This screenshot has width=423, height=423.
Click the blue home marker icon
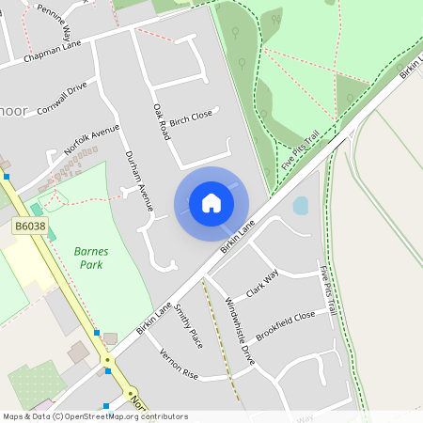[x=211, y=203]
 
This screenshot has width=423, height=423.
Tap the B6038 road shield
[x=30, y=227]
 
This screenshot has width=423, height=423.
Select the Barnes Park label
[x=91, y=258]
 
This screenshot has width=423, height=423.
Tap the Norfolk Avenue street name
[x=92, y=139]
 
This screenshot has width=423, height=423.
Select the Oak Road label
[x=161, y=122]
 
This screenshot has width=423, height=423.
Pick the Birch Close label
[x=191, y=116]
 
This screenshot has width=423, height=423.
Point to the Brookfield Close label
[x=285, y=325]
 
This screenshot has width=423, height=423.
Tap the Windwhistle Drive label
[x=240, y=330]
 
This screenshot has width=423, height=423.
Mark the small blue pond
[x=301, y=206]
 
